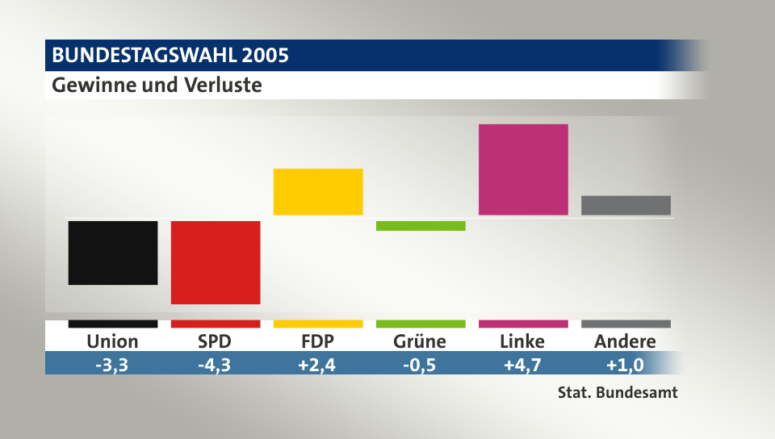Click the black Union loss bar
tap(113, 253)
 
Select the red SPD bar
tap(216, 262)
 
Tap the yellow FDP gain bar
tap(318, 191)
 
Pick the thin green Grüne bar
tap(421, 226)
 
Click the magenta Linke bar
tap(523, 169)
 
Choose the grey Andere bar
tap(626, 205)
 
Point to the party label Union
tap(113, 341)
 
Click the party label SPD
tap(216, 341)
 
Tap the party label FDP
tap(318, 341)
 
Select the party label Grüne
tap(420, 341)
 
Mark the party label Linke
tap(522, 341)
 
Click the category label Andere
tap(625, 341)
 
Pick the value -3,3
tap(113, 364)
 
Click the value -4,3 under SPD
tap(216, 364)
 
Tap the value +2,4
tap(318, 364)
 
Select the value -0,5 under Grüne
tap(420, 364)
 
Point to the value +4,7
tap(522, 364)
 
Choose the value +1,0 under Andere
tap(625, 364)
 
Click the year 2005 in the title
tap(264, 56)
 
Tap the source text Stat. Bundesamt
tap(618, 394)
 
